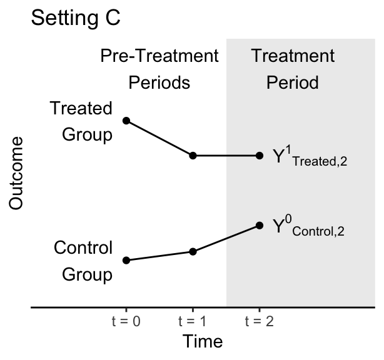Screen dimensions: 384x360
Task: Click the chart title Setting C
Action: tap(76, 18)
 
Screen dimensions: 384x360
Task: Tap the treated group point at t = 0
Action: tap(126, 121)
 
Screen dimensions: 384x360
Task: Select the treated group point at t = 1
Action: tap(193, 156)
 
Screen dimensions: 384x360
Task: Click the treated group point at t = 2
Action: tap(260, 156)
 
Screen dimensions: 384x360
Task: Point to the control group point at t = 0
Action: tap(126, 260)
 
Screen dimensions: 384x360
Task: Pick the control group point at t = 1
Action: tap(193, 252)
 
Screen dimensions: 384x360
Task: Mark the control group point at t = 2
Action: tap(260, 226)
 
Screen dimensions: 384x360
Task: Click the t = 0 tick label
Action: tap(126, 321)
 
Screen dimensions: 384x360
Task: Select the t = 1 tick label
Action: tap(193, 321)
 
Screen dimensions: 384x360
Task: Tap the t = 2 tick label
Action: tap(260, 321)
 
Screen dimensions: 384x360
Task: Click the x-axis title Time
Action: tap(203, 341)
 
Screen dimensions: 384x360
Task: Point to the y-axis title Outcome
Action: tap(16, 173)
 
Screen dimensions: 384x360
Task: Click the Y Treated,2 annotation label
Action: tap(310, 156)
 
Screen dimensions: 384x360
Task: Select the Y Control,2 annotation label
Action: tap(308, 226)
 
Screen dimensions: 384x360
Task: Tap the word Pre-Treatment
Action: tap(159, 56)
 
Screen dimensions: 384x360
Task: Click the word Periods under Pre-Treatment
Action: tap(159, 82)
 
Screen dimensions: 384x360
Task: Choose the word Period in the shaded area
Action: tap(293, 82)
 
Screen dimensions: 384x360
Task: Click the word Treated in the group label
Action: tap(81, 108)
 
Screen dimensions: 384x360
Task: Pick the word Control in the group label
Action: tap(83, 247)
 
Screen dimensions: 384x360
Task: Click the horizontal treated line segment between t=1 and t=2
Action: tap(226, 156)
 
